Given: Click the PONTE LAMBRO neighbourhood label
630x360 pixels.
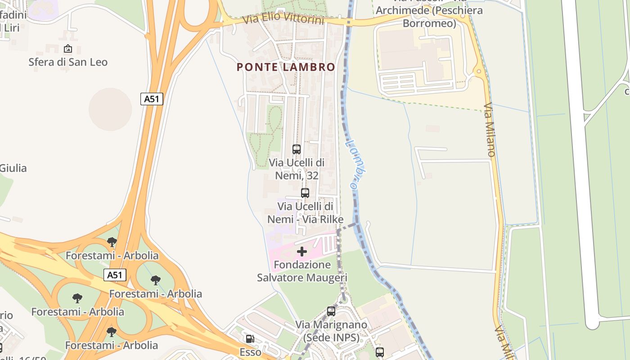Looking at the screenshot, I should point(286,67).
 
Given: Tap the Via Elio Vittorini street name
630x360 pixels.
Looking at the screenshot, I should point(283,19).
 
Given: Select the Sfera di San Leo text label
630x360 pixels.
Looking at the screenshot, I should point(68,62).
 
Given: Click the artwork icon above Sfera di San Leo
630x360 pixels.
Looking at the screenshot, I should point(68,49).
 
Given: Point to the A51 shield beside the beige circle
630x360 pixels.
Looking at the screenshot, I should point(152,99).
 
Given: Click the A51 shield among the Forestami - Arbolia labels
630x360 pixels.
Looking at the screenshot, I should point(115,275).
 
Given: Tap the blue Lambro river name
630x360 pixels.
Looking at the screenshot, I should point(355,164).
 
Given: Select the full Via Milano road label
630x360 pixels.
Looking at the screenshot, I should point(490,130).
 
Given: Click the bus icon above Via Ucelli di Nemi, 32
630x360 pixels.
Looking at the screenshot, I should point(297,149).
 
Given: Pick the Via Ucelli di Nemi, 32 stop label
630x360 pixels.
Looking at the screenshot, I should point(297,169).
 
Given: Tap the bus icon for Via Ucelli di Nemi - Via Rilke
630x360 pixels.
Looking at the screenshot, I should point(305,193).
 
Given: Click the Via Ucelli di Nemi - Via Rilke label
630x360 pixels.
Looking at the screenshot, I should point(306,213).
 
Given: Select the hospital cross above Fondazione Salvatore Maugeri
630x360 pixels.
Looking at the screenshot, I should point(302,252).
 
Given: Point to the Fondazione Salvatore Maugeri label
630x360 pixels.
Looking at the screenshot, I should point(302,271).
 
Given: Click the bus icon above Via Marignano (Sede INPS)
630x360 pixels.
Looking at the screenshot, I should point(331,311).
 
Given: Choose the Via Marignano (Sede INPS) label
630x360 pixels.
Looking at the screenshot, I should point(331,331).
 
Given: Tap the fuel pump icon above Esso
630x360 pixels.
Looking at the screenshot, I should point(249,338).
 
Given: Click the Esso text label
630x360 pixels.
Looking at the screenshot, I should point(250,352).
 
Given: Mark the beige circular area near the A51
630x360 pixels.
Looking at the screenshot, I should point(110,109).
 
